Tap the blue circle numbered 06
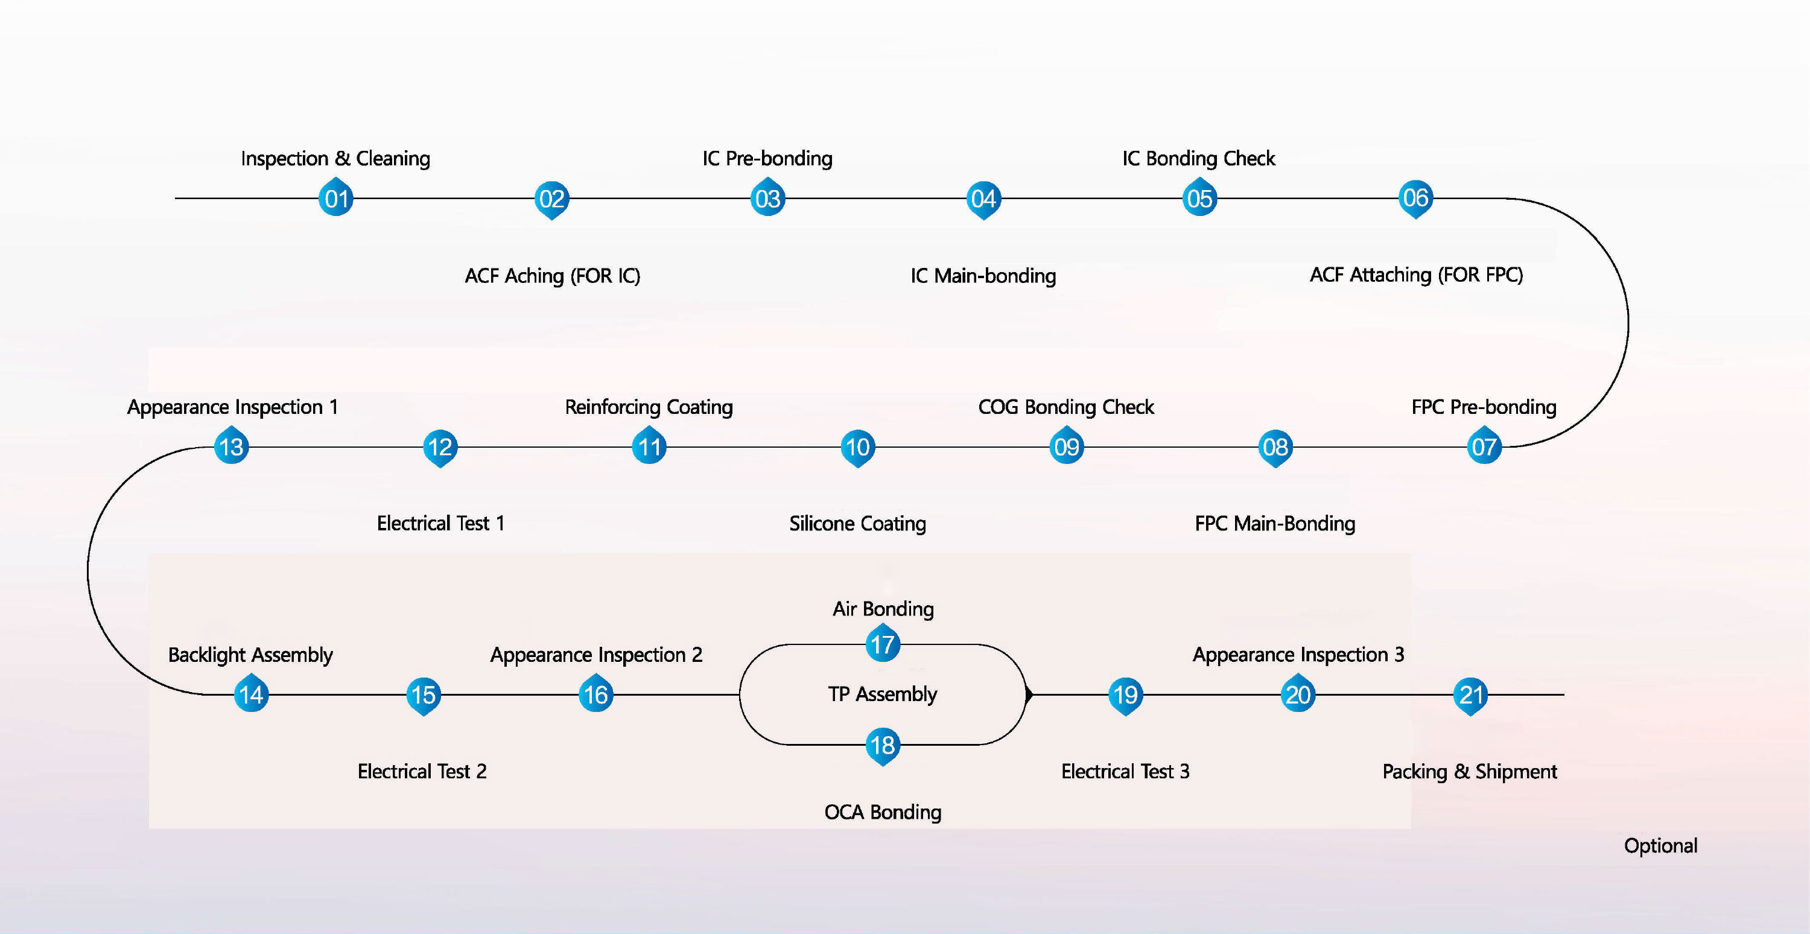tap(1415, 197)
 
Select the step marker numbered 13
tap(231, 446)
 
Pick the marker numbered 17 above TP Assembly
tap(883, 644)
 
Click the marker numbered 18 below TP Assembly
tap(883, 745)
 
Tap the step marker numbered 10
tap(857, 447)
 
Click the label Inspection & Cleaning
tap(335, 158)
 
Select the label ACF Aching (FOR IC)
tap(552, 276)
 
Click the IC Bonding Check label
tap(1199, 158)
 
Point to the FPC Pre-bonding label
tap(1484, 407)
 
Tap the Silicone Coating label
tap(857, 524)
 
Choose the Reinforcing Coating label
tap(649, 407)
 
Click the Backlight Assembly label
tap(250, 655)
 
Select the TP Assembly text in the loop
tap(883, 694)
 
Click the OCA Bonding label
tap(883, 812)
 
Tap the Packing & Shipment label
tap(1469, 772)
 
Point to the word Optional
tap(1660, 845)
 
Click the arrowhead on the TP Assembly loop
tap(1029, 694)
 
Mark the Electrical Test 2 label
tap(422, 772)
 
